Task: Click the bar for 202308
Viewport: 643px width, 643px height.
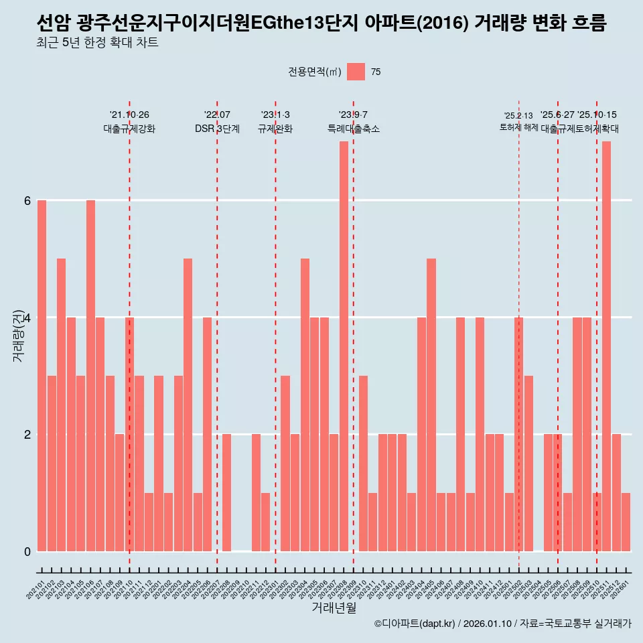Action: [344, 346]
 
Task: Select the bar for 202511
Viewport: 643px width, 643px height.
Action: [606, 346]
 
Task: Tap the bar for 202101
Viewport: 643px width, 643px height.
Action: [42, 375]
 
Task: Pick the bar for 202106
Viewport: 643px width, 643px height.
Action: [90, 375]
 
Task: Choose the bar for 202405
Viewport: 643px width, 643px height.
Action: [431, 405]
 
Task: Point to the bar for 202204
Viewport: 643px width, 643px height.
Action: [188, 405]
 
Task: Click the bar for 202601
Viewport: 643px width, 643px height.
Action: [626, 522]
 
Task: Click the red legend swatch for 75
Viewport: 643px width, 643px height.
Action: [356, 72]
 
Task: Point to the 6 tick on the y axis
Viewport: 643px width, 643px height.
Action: [27, 200]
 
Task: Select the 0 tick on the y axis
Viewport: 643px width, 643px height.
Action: [27, 551]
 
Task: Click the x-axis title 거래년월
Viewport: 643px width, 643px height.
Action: [334, 608]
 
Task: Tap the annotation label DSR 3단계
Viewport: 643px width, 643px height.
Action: [217, 129]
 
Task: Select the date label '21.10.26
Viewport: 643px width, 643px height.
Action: [129, 115]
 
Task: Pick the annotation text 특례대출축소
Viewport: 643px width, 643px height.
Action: [353, 129]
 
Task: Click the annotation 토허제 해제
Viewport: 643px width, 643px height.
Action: [518, 127]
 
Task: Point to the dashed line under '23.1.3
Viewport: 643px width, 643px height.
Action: [275, 335]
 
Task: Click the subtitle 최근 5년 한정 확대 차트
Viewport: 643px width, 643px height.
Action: [97, 44]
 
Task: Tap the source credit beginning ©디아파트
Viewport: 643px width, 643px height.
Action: [502, 624]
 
